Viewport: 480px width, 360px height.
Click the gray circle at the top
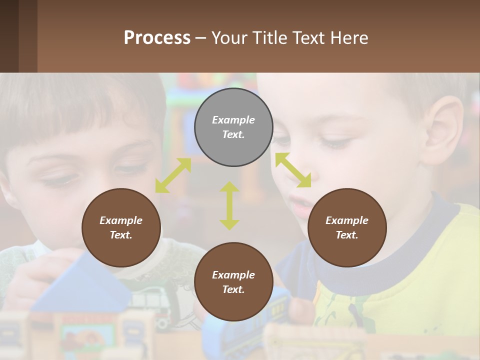click(233, 127)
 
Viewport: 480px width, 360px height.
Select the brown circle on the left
click(121, 227)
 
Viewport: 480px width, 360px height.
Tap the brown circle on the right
click(347, 227)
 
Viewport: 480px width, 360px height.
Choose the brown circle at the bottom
click(233, 282)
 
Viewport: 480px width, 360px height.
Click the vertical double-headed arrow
click(229, 205)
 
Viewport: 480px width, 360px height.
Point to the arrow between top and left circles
click(173, 175)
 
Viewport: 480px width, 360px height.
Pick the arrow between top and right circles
click(293, 170)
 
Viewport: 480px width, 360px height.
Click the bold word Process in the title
click(157, 38)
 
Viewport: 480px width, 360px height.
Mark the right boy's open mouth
click(301, 205)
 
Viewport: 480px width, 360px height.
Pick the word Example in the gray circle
click(233, 120)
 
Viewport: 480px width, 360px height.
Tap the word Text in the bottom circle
click(233, 289)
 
